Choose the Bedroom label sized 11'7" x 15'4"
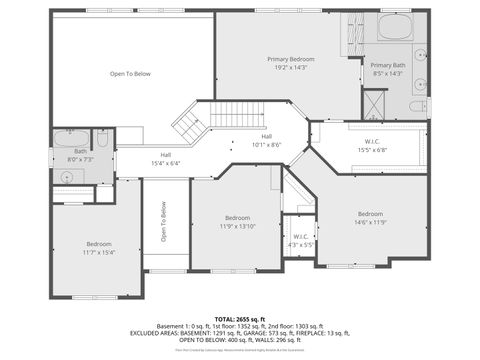(x=98, y=244)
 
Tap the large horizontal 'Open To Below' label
(x=130, y=74)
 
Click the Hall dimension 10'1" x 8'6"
(x=267, y=144)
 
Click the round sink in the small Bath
(x=69, y=175)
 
